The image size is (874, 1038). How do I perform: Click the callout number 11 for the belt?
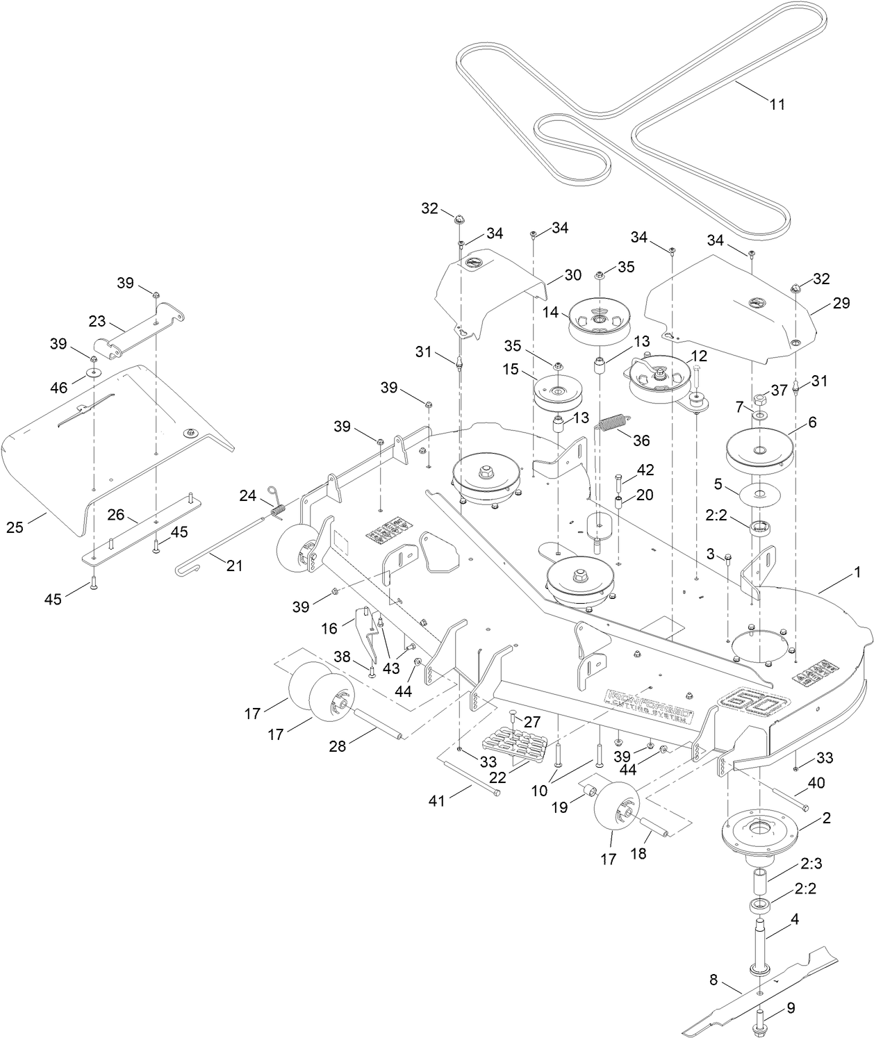pos(777,104)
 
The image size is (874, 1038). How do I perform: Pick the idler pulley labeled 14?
pos(599,321)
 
